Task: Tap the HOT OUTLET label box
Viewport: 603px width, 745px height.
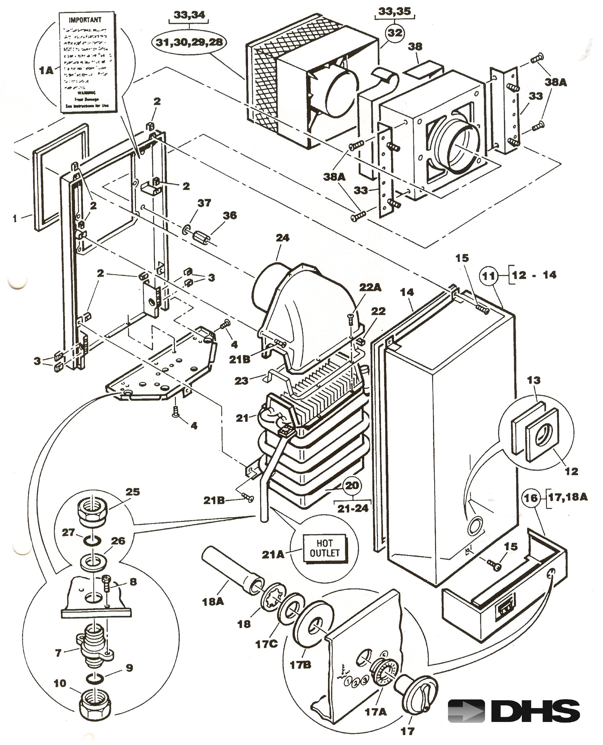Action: tap(324, 548)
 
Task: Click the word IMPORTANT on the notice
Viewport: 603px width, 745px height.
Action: tap(85, 20)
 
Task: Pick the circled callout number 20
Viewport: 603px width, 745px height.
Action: tap(352, 485)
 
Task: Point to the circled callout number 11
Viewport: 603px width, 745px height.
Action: tap(489, 276)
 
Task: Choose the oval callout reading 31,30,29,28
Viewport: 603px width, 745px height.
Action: tap(189, 42)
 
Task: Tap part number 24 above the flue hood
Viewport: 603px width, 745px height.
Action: tap(282, 238)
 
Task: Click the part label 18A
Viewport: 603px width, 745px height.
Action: tap(213, 601)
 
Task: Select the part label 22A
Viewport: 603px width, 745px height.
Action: tap(370, 287)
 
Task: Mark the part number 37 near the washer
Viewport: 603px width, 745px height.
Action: tap(204, 203)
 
